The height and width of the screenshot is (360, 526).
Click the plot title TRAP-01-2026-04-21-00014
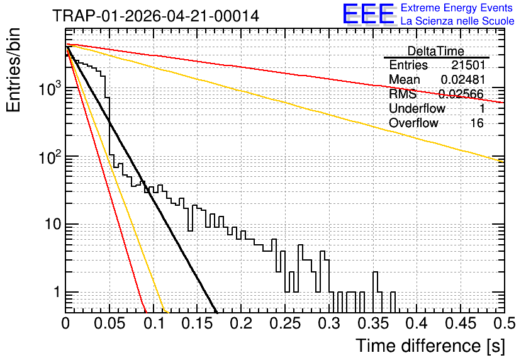156,16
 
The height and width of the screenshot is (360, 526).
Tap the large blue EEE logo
369,14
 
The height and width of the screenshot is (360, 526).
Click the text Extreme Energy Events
457,8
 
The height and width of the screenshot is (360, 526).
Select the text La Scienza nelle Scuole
457,21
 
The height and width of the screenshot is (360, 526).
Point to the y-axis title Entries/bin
13,70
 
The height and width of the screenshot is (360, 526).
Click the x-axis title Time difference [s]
430,346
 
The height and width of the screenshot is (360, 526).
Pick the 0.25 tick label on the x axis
285,323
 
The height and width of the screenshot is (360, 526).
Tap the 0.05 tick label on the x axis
109,323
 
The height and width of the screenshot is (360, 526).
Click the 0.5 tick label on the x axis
504,323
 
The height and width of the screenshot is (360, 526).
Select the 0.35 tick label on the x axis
372,323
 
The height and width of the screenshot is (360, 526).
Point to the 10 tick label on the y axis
53,224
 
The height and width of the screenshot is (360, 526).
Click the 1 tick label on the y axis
57,292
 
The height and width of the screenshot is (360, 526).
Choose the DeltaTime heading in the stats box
436,51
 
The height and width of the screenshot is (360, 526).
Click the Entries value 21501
468,65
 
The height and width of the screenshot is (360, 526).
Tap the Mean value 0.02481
463,79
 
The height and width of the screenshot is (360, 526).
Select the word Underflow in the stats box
417,108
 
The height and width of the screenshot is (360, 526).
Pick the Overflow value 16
477,123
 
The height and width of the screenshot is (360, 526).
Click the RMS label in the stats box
403,94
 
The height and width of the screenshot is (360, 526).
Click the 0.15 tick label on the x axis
198,323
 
